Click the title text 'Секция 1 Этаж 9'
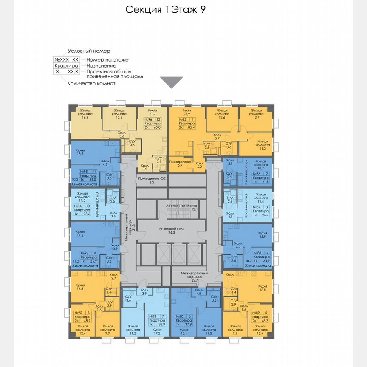[x=166, y=10]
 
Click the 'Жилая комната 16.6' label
[x=86, y=115]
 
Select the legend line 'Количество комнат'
[x=91, y=84]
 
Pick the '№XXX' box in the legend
[x=61, y=60]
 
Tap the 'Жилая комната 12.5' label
[x=120, y=115]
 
